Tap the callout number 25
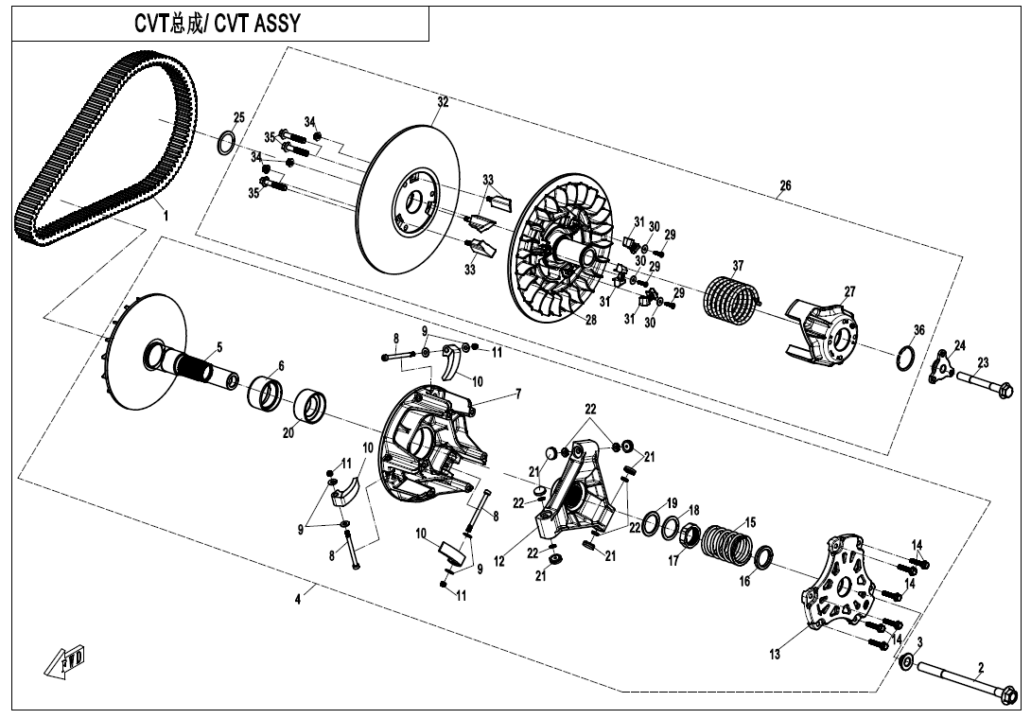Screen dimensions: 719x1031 click(x=238, y=117)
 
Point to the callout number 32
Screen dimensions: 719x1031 click(x=442, y=101)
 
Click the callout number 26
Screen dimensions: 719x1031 click(x=785, y=186)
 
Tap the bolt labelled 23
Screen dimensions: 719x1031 click(x=988, y=384)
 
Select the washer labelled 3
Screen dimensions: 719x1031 click(x=906, y=662)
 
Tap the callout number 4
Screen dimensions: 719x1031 click(x=298, y=598)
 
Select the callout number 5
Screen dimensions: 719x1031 click(x=219, y=347)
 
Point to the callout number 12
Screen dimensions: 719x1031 click(x=498, y=561)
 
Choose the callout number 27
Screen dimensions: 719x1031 click(x=849, y=291)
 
